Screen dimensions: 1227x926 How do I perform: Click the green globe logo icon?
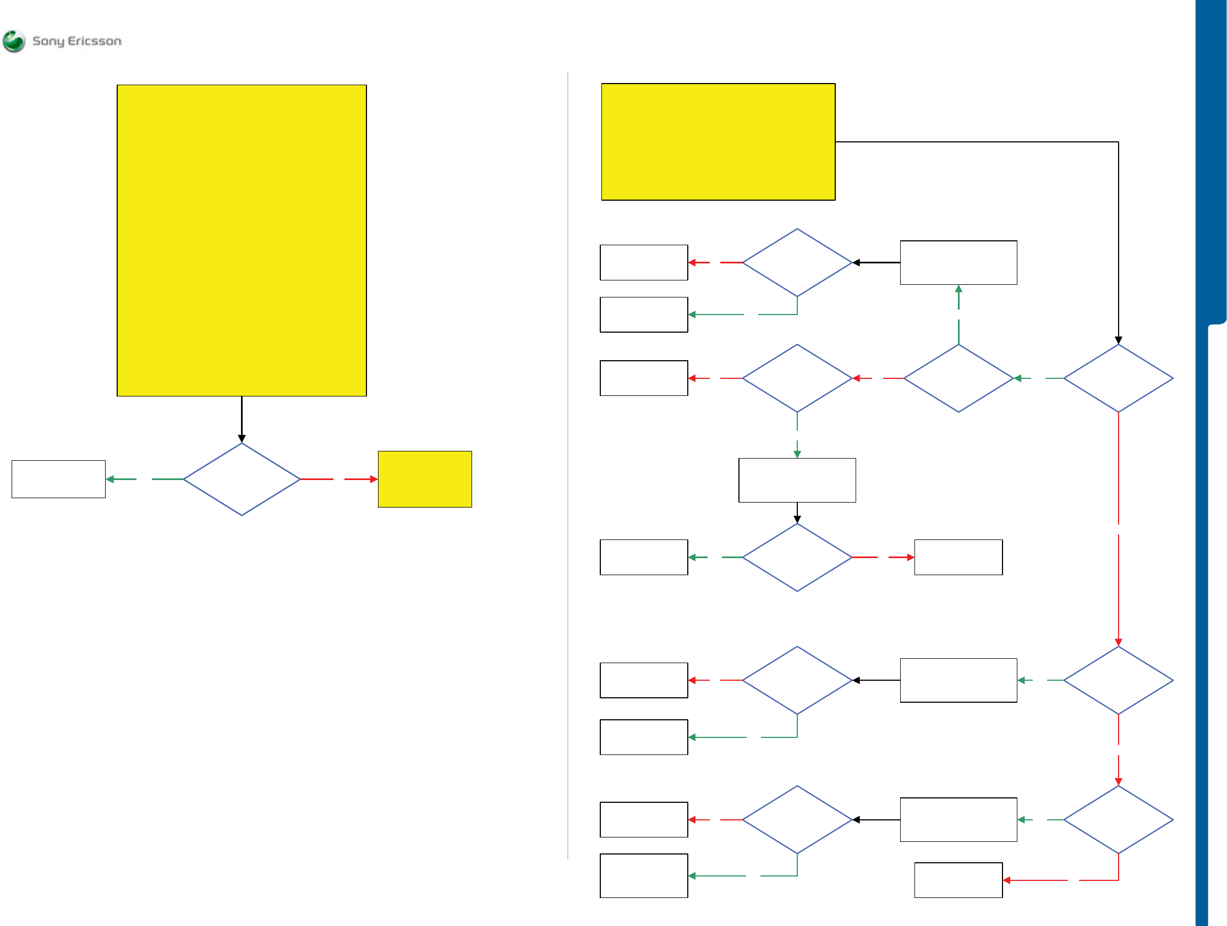point(14,41)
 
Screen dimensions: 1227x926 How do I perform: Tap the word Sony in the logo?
point(48,41)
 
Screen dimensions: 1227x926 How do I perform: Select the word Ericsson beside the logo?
point(94,41)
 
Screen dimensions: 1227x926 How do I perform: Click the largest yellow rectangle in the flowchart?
point(242,240)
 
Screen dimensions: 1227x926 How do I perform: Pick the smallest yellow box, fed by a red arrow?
point(424,479)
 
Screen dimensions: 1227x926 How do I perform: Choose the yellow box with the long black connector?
point(718,142)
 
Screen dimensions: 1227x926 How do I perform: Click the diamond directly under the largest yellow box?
point(242,479)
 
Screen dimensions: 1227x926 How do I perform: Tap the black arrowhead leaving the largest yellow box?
point(242,439)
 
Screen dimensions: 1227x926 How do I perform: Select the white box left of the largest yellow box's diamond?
point(58,479)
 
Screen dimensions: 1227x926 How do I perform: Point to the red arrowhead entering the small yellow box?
point(374,479)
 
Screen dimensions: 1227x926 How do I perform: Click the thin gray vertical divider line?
point(567,466)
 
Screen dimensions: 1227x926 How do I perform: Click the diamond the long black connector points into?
point(1118,378)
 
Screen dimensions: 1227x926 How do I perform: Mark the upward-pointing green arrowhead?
point(958,289)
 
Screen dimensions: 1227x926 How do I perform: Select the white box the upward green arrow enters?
point(958,263)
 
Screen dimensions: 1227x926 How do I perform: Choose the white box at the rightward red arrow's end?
point(958,557)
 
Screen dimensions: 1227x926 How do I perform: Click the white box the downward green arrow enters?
point(797,480)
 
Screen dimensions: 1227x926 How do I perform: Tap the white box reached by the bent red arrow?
point(958,880)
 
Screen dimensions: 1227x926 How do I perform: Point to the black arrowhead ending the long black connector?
point(1118,340)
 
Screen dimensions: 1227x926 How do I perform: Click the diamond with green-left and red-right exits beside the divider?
point(797,557)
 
